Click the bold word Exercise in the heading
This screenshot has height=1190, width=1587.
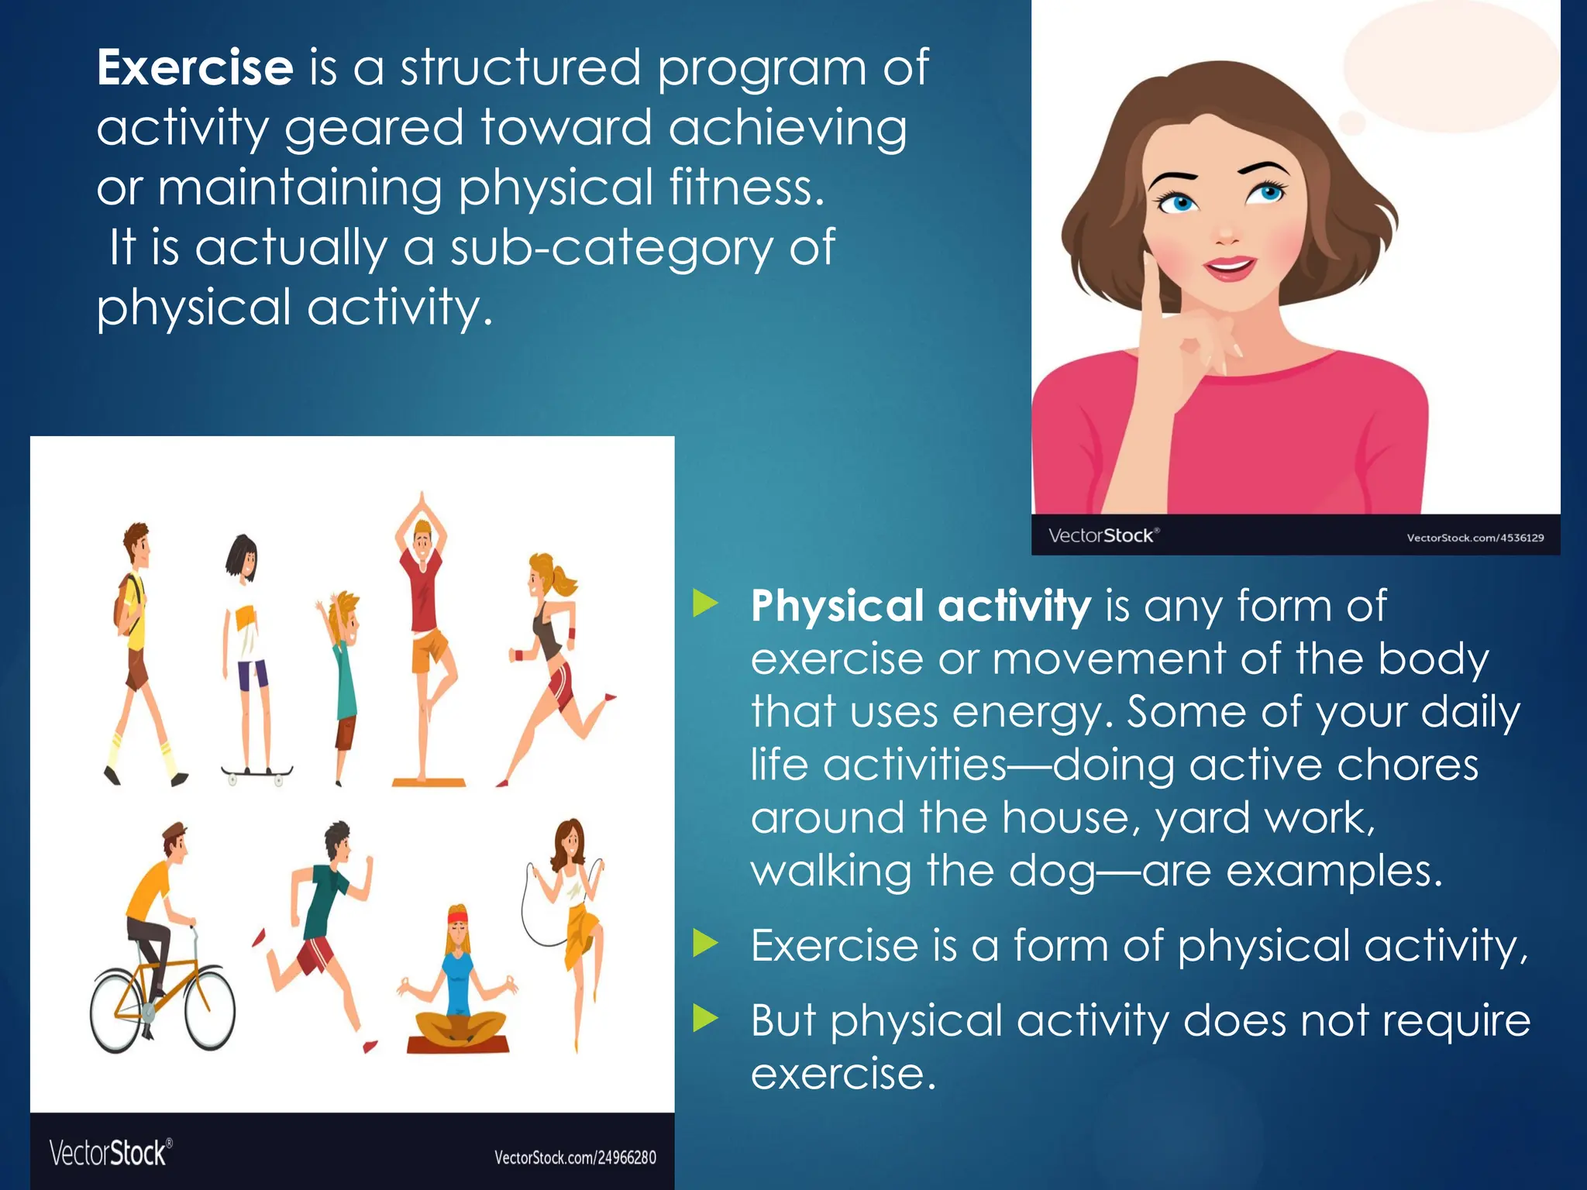(195, 68)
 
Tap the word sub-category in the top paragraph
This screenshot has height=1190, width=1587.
(611, 249)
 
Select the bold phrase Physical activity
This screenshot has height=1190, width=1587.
(921, 606)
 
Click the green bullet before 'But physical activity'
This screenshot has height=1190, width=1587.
(705, 1018)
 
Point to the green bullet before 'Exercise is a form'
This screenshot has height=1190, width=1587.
(705, 944)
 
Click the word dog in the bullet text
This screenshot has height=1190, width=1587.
(1052, 871)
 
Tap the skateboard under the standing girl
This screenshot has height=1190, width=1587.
(256, 772)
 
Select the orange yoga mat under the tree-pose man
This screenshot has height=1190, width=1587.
(429, 782)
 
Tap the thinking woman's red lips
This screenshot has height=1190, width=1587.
(1229, 268)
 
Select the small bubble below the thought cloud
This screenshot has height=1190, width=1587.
(1352, 122)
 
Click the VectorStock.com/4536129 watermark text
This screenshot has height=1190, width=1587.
(1475, 537)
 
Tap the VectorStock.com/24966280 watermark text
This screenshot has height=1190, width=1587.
(575, 1157)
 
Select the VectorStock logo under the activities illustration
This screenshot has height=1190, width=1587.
(110, 1153)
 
